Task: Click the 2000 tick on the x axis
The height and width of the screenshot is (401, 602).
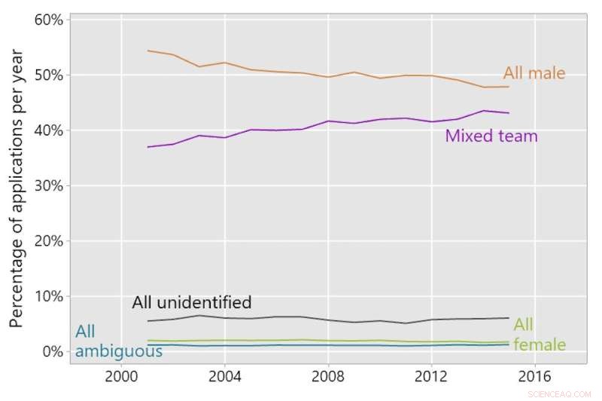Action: pyautogui.click(x=120, y=375)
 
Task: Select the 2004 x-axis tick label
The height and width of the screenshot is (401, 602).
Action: pyautogui.click(x=224, y=375)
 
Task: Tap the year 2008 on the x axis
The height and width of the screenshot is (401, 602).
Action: pyautogui.click(x=327, y=375)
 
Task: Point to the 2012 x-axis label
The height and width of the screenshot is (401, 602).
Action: pyautogui.click(x=431, y=375)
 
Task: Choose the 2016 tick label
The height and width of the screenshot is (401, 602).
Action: pyautogui.click(x=534, y=375)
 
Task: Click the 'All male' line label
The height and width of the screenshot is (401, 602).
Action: pyautogui.click(x=534, y=73)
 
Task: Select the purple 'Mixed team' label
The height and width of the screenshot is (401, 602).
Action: pyautogui.click(x=491, y=136)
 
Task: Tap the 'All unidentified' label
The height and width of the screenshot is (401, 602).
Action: pyautogui.click(x=191, y=303)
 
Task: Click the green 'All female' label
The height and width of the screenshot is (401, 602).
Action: pyautogui.click(x=539, y=335)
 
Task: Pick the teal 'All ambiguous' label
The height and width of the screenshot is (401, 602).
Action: pyautogui.click(x=118, y=341)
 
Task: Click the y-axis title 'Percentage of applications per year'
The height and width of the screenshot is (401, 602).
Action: pyautogui.click(x=17, y=188)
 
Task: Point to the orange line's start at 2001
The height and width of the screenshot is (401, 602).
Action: pyautogui.click(x=147, y=51)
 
